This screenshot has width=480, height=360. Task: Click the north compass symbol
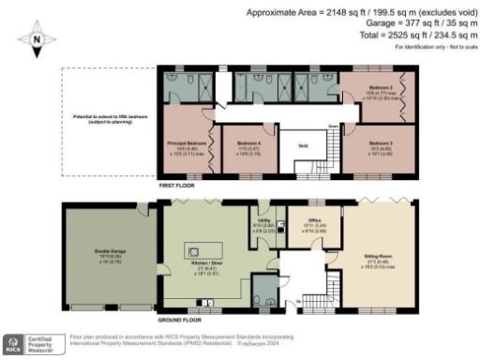tap(36, 40)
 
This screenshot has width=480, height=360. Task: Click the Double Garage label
tap(97, 252)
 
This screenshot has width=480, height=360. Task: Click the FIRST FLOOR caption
tap(177, 187)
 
